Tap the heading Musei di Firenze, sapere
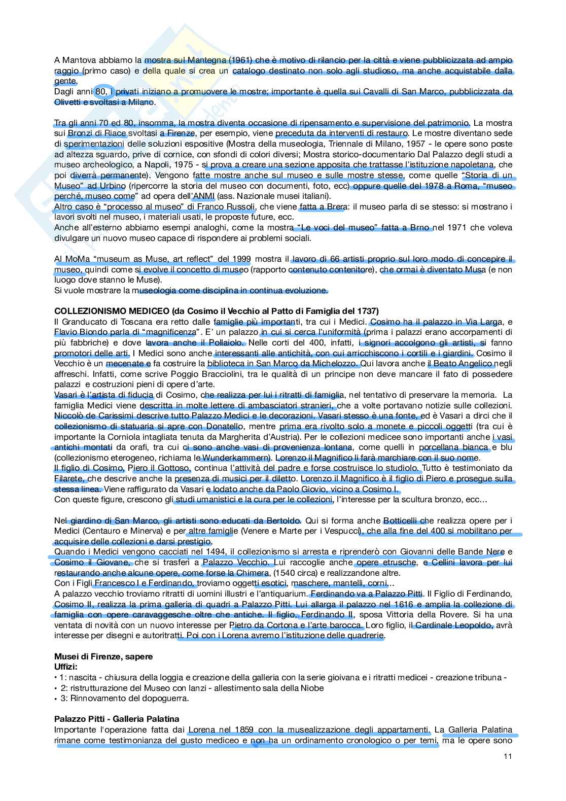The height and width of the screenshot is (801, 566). click(103, 656)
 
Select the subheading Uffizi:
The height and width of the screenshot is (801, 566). click(66, 667)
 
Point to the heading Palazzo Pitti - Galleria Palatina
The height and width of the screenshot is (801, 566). click(117, 719)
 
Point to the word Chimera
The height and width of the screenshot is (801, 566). click(252, 573)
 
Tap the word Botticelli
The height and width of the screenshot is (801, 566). click(401, 520)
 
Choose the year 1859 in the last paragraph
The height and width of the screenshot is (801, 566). click(244, 729)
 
